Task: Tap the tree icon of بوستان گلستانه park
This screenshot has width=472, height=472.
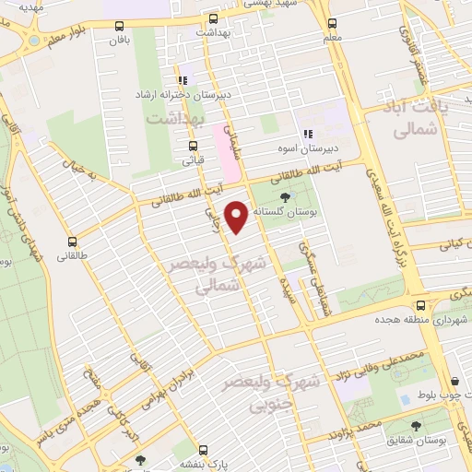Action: point(283,197)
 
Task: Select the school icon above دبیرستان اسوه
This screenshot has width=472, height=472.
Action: point(307,131)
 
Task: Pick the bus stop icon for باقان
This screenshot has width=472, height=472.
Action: point(117,25)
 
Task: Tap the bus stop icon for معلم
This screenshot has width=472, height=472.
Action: point(330,22)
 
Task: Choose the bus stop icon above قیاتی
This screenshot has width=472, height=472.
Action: point(193,146)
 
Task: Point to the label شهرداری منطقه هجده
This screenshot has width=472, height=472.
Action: point(414,319)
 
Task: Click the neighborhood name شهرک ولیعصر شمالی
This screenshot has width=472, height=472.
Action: point(214,275)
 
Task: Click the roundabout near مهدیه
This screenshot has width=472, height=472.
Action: point(35,41)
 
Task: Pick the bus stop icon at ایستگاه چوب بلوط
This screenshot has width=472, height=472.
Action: point(455,379)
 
